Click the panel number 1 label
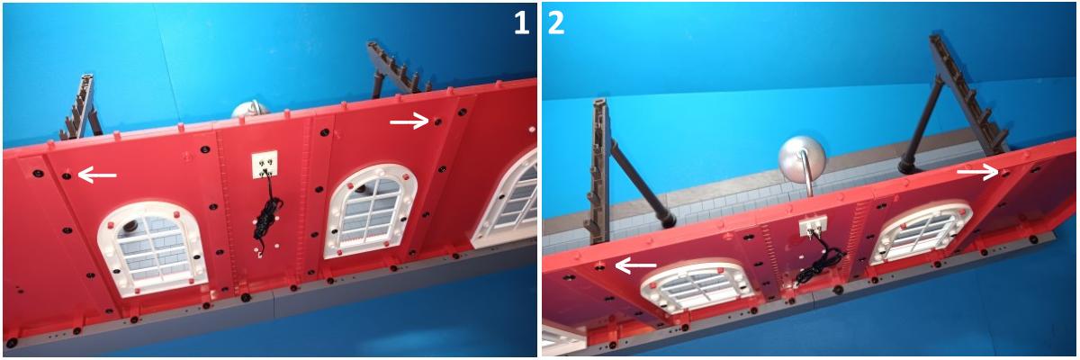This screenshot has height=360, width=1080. pos(521,22)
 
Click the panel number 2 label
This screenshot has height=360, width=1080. pos(556,22)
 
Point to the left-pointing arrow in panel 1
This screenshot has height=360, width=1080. pos(97,175)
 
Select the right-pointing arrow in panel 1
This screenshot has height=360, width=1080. pos(409,121)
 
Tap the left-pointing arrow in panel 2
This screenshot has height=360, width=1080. pos(636,265)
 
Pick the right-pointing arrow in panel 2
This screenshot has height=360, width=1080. pos(977,171)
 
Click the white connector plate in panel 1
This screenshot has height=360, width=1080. pos(265,165)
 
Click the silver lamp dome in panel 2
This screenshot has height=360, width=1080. pos(802,160)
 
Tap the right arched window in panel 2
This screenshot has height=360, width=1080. pos(921,233)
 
